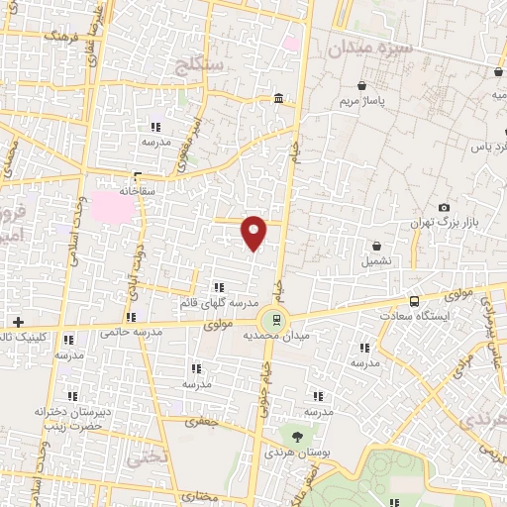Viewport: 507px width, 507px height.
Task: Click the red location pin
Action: coord(254,233)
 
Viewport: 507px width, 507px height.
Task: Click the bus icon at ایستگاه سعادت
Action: coord(414,301)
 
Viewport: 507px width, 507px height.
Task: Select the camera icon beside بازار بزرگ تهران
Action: coord(444,206)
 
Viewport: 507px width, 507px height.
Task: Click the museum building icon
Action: coord(278,100)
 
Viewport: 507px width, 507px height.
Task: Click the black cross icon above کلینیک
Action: coord(18,322)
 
